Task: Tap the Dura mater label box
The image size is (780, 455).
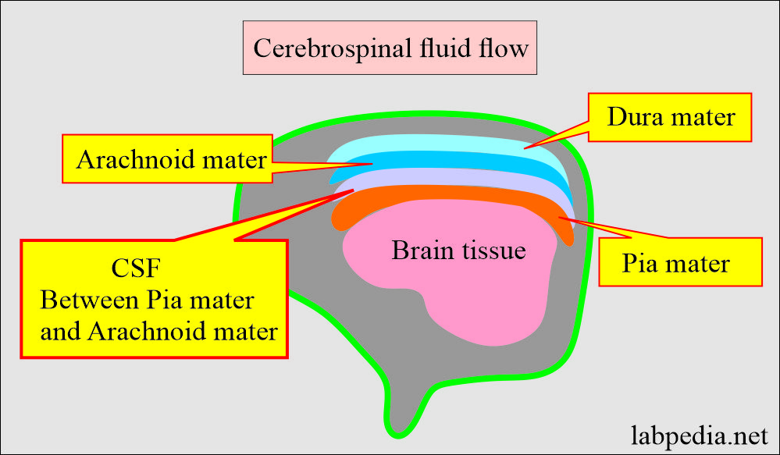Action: [671, 117]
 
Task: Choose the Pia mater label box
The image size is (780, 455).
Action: [679, 262]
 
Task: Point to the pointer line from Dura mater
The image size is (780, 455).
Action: [559, 137]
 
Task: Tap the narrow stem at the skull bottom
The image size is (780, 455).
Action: [403, 410]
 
